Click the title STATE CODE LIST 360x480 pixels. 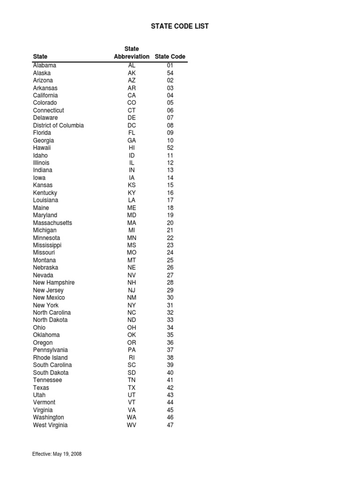(180, 26)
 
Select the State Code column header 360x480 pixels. (170, 57)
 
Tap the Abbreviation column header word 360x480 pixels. (132, 57)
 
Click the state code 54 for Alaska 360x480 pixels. (170, 73)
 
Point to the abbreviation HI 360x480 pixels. (132, 148)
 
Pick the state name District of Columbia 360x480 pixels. (59, 126)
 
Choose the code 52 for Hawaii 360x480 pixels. (170, 148)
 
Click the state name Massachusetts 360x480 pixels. (52, 223)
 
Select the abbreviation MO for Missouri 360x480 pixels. (132, 253)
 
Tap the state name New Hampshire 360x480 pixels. (54, 283)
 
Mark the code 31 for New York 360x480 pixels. (170, 305)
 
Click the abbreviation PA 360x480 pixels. (132, 350)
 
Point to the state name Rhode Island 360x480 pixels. (50, 358)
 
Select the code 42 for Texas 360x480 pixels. (170, 388)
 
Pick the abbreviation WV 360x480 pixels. (132, 425)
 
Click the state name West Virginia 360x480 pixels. (50, 425)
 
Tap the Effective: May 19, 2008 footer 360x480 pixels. (57, 454)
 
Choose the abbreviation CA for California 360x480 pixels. (132, 96)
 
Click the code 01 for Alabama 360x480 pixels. (170, 66)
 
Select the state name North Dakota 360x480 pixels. (50, 320)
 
